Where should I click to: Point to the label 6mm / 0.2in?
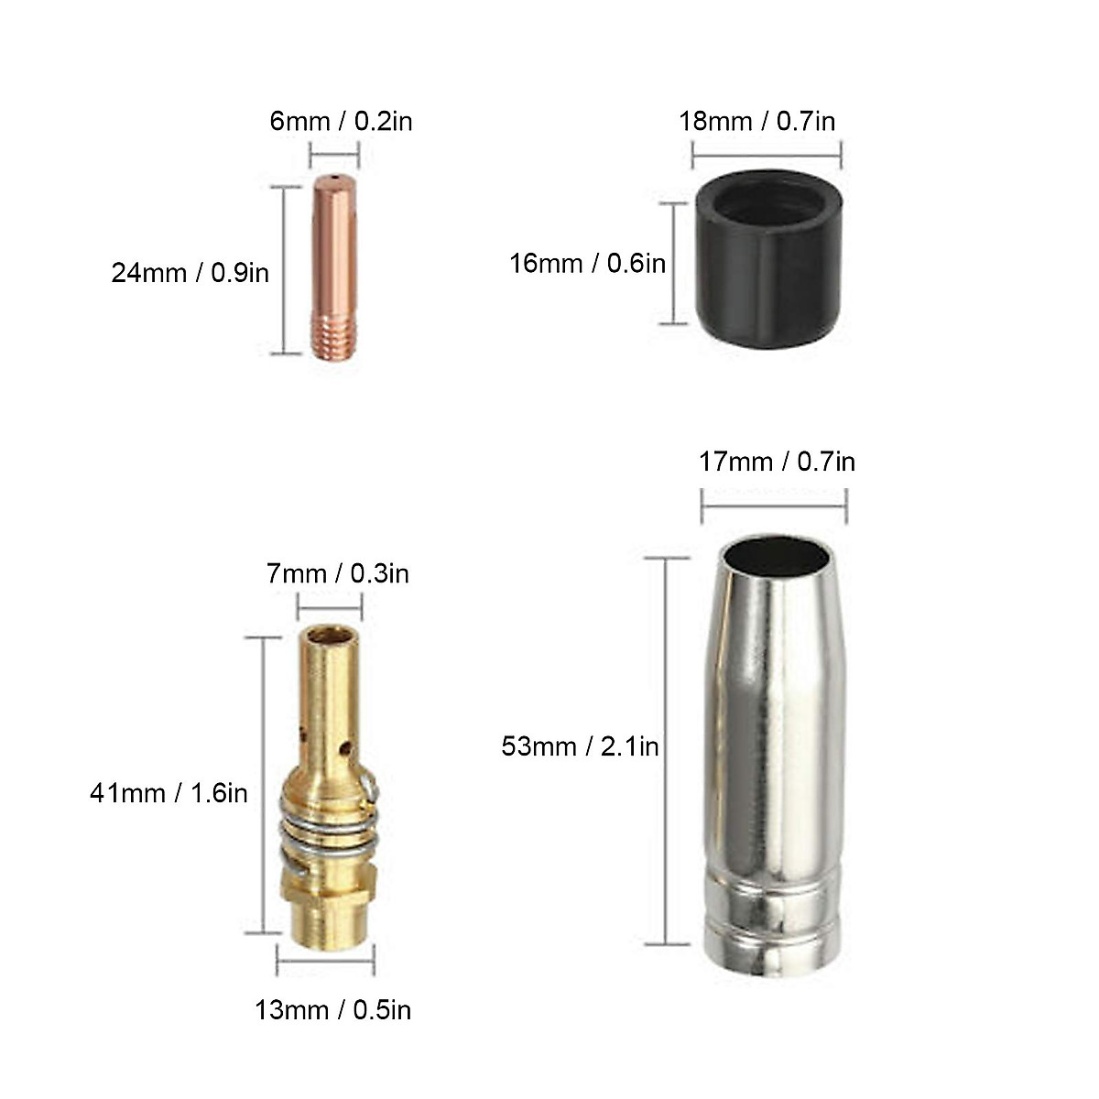click(341, 121)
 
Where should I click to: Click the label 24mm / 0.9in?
click(190, 272)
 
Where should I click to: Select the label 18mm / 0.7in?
click(756, 121)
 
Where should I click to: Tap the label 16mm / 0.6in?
click(587, 264)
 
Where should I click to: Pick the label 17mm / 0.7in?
click(777, 461)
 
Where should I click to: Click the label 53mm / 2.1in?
click(580, 746)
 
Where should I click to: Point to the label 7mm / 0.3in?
click(337, 574)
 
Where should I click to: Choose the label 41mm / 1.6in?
click(169, 792)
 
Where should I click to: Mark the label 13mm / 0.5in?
click(332, 1009)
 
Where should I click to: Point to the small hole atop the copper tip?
click(335, 178)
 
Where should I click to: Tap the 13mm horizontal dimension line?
click(325, 961)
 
